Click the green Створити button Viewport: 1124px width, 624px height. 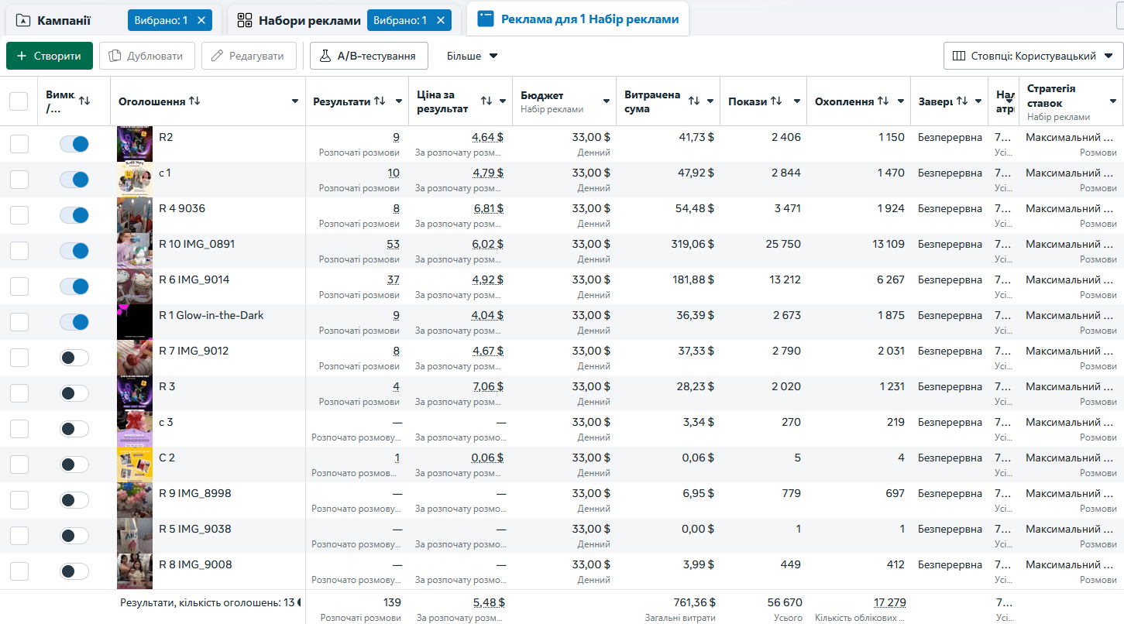pyautogui.click(x=49, y=56)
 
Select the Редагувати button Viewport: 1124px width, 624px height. pyautogui.click(x=249, y=56)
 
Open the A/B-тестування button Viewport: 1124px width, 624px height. pyautogui.click(x=369, y=56)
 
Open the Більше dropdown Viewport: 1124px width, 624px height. pyautogui.click(x=472, y=56)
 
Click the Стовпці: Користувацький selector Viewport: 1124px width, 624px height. pyautogui.click(x=1033, y=56)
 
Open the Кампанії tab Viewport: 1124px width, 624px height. pyautogui.click(x=64, y=21)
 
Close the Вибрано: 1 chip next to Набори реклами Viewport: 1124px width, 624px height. pyautogui.click(x=441, y=21)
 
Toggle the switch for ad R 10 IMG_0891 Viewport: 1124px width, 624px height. pyautogui.click(x=74, y=251)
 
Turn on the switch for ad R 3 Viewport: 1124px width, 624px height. pyautogui.click(x=74, y=393)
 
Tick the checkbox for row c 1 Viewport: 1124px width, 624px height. pyautogui.click(x=19, y=180)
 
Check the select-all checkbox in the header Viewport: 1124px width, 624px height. pyautogui.click(x=19, y=101)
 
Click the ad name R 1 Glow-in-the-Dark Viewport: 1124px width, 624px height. pyautogui.click(x=211, y=315)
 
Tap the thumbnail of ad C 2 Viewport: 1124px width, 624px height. pyautogui.click(x=135, y=465)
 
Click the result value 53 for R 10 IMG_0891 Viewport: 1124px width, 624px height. pyautogui.click(x=393, y=245)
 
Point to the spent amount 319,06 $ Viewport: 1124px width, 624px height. pyautogui.click(x=693, y=245)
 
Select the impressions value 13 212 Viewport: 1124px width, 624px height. pyautogui.click(x=785, y=280)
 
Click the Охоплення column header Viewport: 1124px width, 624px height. pyautogui.click(x=844, y=101)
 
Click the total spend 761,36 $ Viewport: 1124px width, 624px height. pyautogui.click(x=694, y=602)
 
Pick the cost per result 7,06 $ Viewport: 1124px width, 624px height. pyautogui.click(x=488, y=387)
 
